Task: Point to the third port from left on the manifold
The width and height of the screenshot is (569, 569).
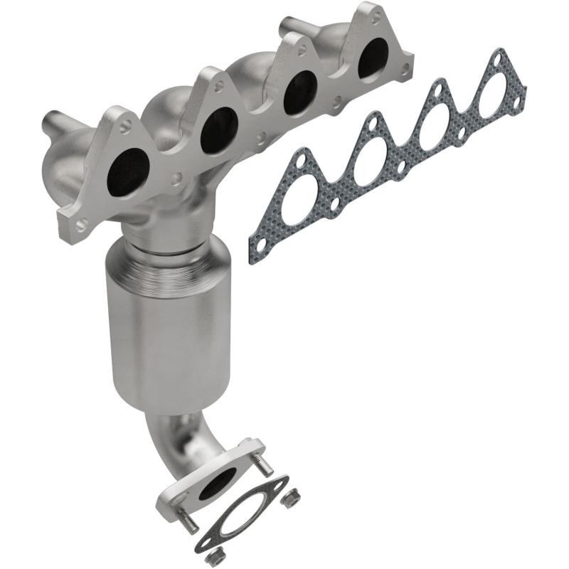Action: coord(299,93)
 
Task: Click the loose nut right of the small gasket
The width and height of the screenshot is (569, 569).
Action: coord(289,498)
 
